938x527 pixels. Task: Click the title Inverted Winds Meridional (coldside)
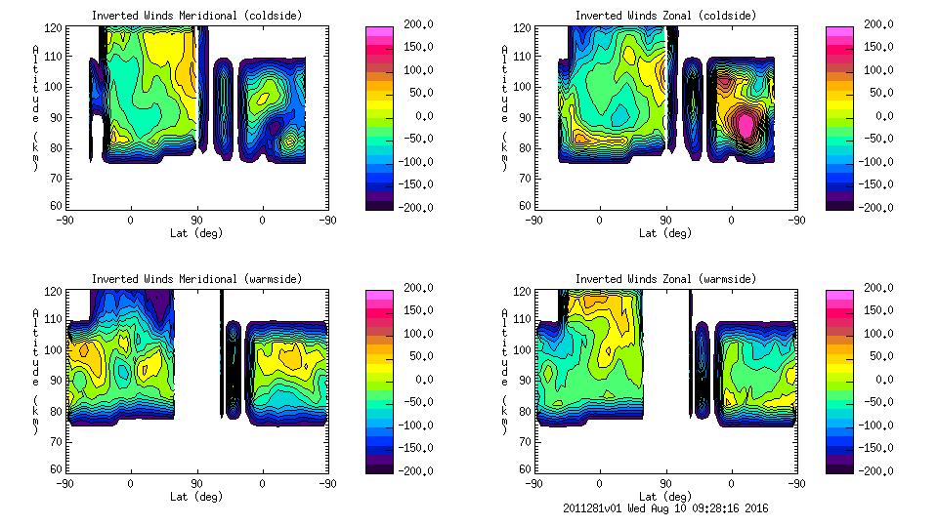[196, 16]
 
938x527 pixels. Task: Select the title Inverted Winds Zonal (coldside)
[665, 16]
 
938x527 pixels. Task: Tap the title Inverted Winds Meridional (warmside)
[196, 279]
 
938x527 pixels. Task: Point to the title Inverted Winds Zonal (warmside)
[665, 279]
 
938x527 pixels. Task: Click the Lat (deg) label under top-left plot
[196, 233]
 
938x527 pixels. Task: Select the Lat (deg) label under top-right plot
[665, 233]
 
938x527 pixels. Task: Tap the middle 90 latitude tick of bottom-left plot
[196, 483]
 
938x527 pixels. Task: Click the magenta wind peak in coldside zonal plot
[746, 125]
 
